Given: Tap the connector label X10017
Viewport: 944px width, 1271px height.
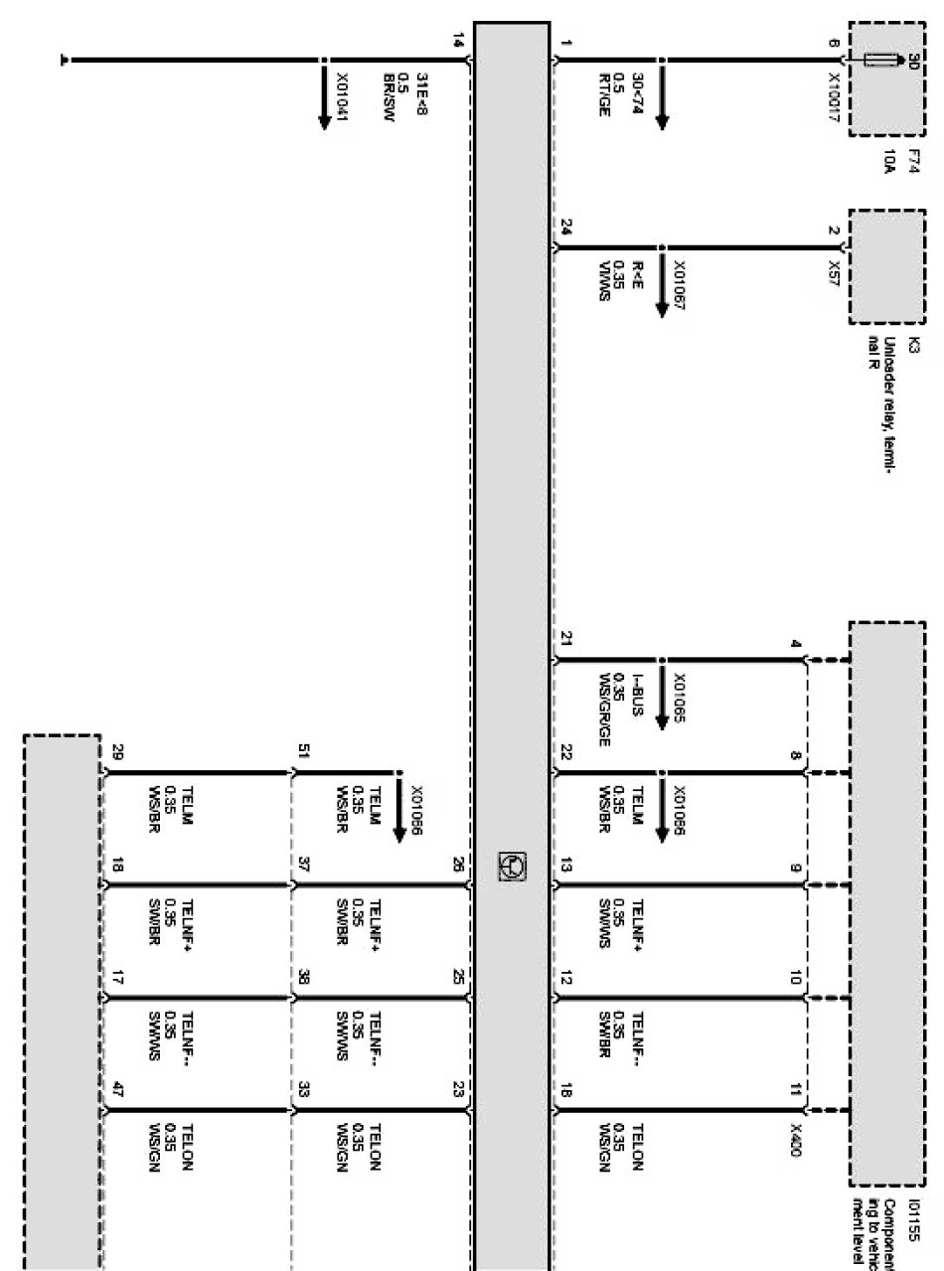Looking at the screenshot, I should (x=834, y=93).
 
